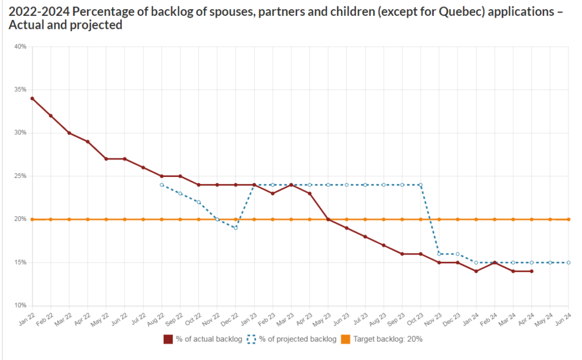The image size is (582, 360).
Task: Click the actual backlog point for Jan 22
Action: point(32,98)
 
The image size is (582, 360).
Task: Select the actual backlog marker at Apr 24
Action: point(531,271)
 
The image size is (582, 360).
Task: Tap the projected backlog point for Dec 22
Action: point(235,228)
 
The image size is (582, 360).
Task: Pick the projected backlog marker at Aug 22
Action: point(162,185)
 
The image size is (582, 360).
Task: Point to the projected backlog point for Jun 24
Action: point(568,262)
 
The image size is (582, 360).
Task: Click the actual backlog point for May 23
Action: point(328,219)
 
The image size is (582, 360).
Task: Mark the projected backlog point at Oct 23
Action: point(421,185)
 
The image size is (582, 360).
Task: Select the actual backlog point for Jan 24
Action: point(476,271)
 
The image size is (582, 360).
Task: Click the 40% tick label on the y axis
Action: point(20,47)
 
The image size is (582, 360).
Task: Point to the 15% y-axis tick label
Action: point(20,262)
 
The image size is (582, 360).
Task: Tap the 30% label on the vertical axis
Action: point(20,133)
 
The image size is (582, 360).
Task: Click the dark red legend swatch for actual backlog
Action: point(168,340)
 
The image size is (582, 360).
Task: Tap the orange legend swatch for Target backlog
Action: point(346,340)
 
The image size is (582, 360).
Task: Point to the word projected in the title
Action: point(95,26)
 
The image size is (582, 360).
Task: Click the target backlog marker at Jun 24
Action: point(568,219)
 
